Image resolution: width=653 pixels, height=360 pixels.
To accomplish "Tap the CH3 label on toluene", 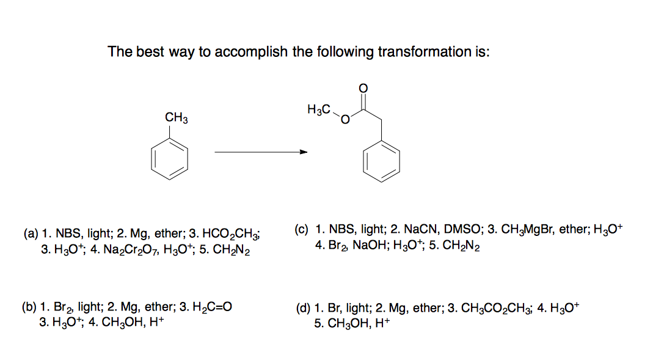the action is pyautogui.click(x=177, y=117).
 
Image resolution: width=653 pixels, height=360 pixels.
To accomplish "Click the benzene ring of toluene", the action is pyautogui.click(x=169, y=160).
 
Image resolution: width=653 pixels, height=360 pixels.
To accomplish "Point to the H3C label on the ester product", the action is pyautogui.click(x=319, y=110).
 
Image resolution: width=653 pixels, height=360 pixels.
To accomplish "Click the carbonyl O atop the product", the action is pyautogui.click(x=364, y=88).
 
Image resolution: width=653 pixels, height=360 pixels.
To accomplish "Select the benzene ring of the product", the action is pyautogui.click(x=382, y=161).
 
